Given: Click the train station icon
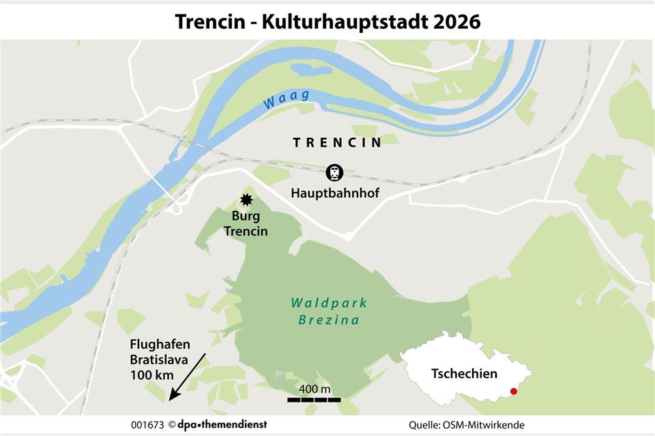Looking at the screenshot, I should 334,172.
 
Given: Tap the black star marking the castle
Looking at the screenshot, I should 246,201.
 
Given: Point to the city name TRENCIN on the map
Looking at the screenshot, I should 336,143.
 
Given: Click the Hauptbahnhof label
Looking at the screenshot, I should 335,194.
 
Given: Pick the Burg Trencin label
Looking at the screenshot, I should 246,224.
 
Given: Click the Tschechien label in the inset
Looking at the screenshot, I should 464,374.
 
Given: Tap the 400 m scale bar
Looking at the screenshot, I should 314,399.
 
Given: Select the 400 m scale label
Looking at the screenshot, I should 315,388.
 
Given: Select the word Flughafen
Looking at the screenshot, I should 160,345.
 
